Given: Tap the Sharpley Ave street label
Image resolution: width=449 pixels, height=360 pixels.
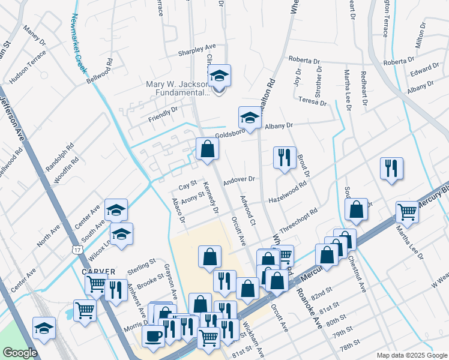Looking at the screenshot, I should (x=196, y=52).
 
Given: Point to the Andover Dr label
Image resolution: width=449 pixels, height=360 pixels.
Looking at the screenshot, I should (x=239, y=179).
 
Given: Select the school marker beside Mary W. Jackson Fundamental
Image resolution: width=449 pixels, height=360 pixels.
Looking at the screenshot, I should (x=220, y=77).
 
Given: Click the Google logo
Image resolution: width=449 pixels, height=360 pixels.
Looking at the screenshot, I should (x=19, y=353).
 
